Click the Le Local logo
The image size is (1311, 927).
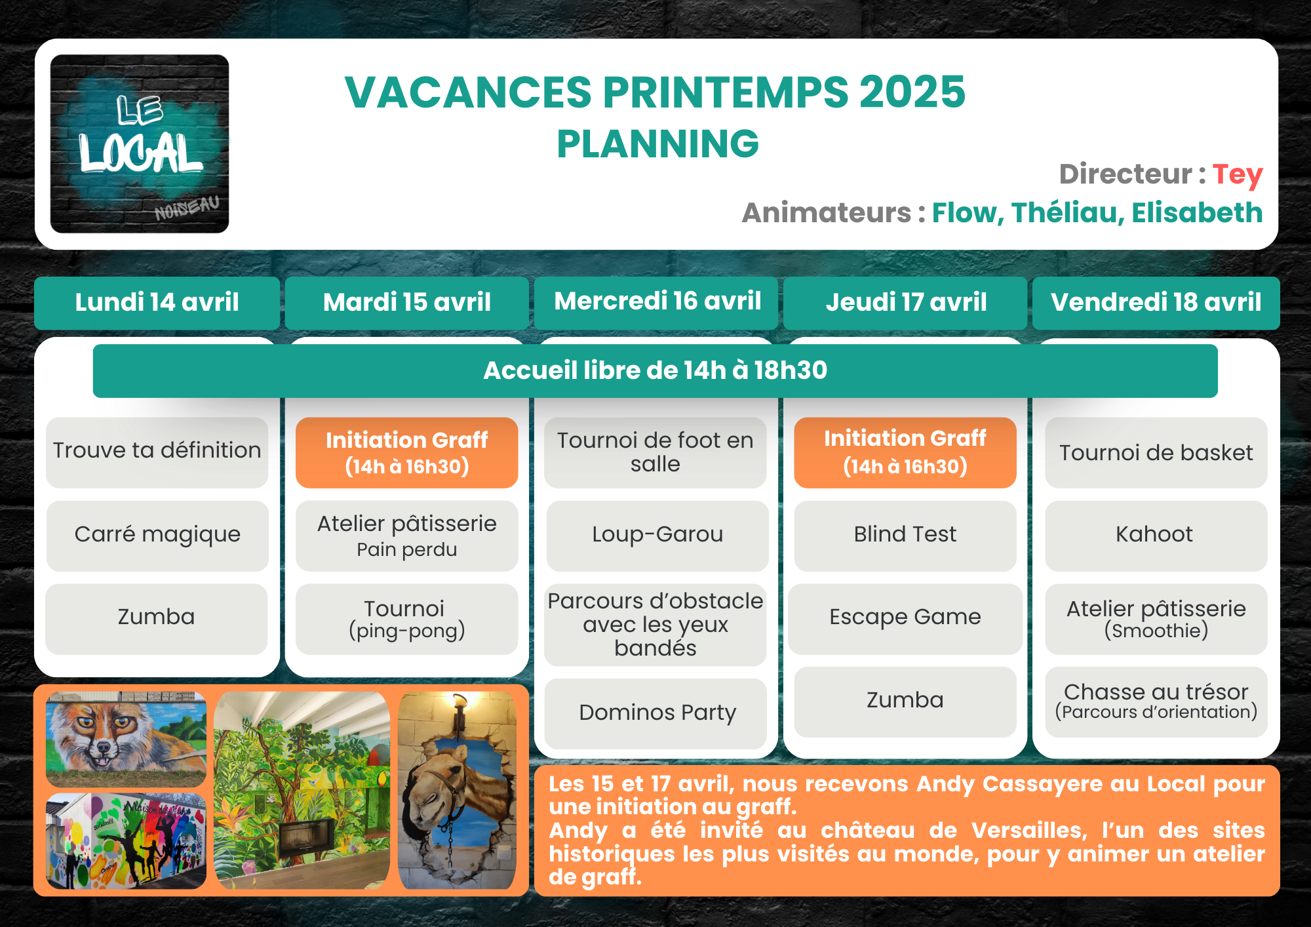pyautogui.click(x=140, y=144)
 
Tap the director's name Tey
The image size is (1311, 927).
pyautogui.click(x=1237, y=175)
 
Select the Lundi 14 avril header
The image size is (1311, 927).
pyautogui.click(x=157, y=302)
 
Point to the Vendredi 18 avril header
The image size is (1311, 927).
pyautogui.click(x=1156, y=302)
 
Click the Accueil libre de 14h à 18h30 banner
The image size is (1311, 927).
pyautogui.click(x=655, y=370)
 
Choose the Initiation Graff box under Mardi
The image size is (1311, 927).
pyautogui.click(x=406, y=452)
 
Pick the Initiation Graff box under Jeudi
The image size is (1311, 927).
pyautogui.click(x=905, y=452)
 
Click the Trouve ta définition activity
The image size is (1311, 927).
pyautogui.click(x=157, y=452)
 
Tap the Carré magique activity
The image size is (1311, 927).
pyautogui.click(x=157, y=535)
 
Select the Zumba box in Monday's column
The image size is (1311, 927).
pyautogui.click(x=156, y=618)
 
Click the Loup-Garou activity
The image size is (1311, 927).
pyautogui.click(x=657, y=535)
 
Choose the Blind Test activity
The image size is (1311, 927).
pyautogui.click(x=905, y=535)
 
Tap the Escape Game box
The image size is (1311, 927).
pyautogui.click(x=905, y=618)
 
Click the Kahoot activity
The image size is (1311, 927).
pyautogui.click(x=1156, y=535)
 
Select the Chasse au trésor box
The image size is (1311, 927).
pyautogui.click(x=1156, y=701)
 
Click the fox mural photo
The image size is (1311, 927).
pyautogui.click(x=126, y=739)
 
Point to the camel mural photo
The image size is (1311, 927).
pyautogui.click(x=457, y=791)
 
